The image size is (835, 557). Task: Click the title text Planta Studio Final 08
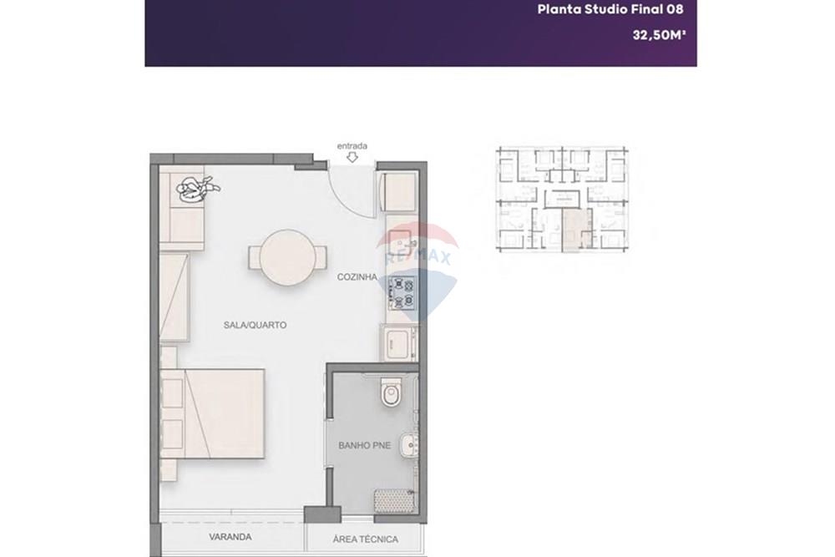(x=610, y=9)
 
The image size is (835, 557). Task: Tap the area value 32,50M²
(x=659, y=35)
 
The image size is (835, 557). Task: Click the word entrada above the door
(x=352, y=145)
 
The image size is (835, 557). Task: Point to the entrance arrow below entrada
(x=352, y=157)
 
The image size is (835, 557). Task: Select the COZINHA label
(x=357, y=277)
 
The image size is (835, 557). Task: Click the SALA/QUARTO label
(x=255, y=325)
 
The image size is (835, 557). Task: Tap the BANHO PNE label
(x=364, y=445)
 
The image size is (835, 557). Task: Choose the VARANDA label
(x=230, y=537)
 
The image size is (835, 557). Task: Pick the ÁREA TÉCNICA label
(x=366, y=539)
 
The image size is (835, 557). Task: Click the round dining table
(x=287, y=258)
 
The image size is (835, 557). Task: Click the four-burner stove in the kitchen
(x=402, y=292)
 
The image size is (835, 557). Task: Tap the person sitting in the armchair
(x=196, y=189)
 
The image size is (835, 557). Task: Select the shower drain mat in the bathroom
(x=393, y=500)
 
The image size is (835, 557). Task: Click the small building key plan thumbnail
(x=562, y=199)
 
